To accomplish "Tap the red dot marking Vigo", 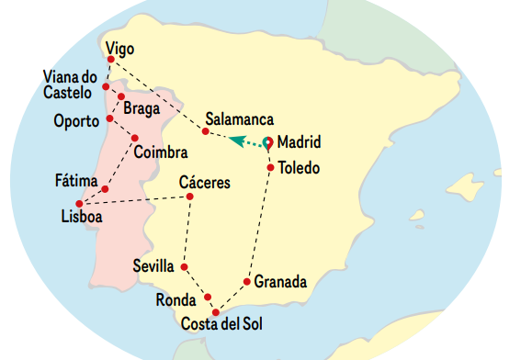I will [111, 61].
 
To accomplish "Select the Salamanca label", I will [240, 119].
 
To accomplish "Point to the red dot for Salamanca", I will [205, 132].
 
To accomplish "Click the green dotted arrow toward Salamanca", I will [245, 141].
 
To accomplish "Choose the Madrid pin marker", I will [267, 143].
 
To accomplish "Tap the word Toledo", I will [299, 168].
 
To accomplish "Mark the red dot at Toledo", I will [270, 168].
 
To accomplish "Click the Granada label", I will [280, 282].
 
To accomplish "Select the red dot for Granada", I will [247, 281].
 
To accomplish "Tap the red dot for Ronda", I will [209, 297].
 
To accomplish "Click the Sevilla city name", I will [153, 265].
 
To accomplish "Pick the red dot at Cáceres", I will [189, 197].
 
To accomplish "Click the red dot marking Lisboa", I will [79, 203].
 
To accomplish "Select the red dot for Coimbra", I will [135, 139].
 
